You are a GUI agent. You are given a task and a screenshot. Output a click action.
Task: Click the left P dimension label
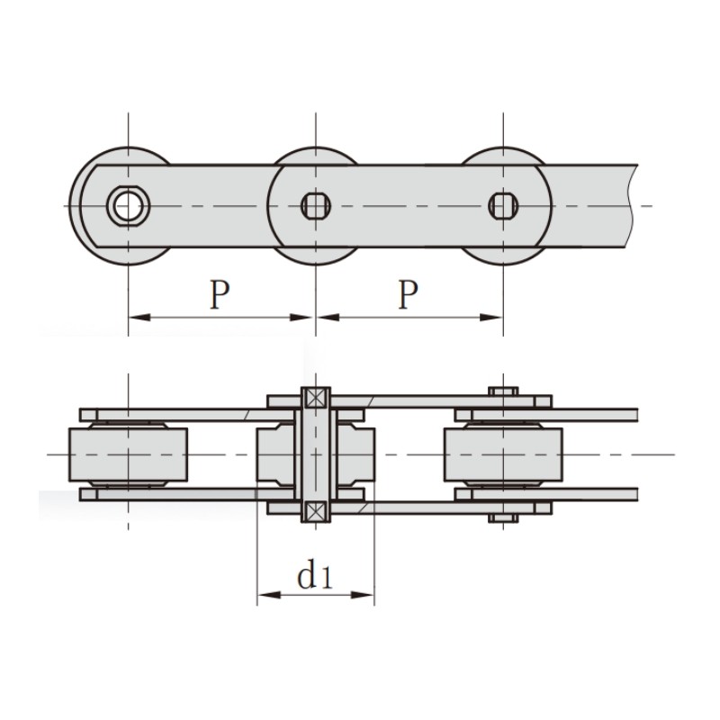[220, 294]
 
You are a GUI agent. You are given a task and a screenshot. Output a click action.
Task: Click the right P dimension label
[409, 294]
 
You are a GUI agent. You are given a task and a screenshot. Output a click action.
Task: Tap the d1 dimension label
[314, 573]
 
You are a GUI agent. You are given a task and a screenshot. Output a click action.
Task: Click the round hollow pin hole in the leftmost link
[128, 206]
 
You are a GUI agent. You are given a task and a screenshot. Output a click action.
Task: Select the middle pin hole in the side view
[316, 206]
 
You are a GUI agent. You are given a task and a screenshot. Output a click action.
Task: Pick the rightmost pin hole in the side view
[503, 206]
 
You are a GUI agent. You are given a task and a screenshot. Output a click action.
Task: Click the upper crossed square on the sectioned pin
[316, 398]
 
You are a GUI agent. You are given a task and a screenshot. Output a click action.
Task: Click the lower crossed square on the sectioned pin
[316, 511]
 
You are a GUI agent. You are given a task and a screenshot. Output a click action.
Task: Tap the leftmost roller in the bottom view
[128, 454]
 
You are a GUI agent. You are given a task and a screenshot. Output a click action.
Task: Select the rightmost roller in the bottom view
[503, 454]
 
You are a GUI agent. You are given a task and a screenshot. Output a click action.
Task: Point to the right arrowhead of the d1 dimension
[363, 595]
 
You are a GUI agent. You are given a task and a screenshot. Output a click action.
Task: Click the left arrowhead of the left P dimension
[139, 318]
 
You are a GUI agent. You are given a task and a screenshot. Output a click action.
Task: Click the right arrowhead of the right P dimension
[491, 318]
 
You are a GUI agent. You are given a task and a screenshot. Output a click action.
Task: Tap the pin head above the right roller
[503, 391]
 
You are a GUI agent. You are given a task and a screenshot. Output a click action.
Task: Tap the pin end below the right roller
[503, 518]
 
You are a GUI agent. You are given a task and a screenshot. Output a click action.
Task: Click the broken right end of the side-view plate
[632, 206]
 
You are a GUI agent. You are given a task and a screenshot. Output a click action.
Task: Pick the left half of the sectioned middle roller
[275, 454]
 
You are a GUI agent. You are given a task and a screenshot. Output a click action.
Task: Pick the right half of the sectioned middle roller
[355, 454]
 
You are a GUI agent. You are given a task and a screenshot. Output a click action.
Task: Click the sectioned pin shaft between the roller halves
[316, 454]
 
